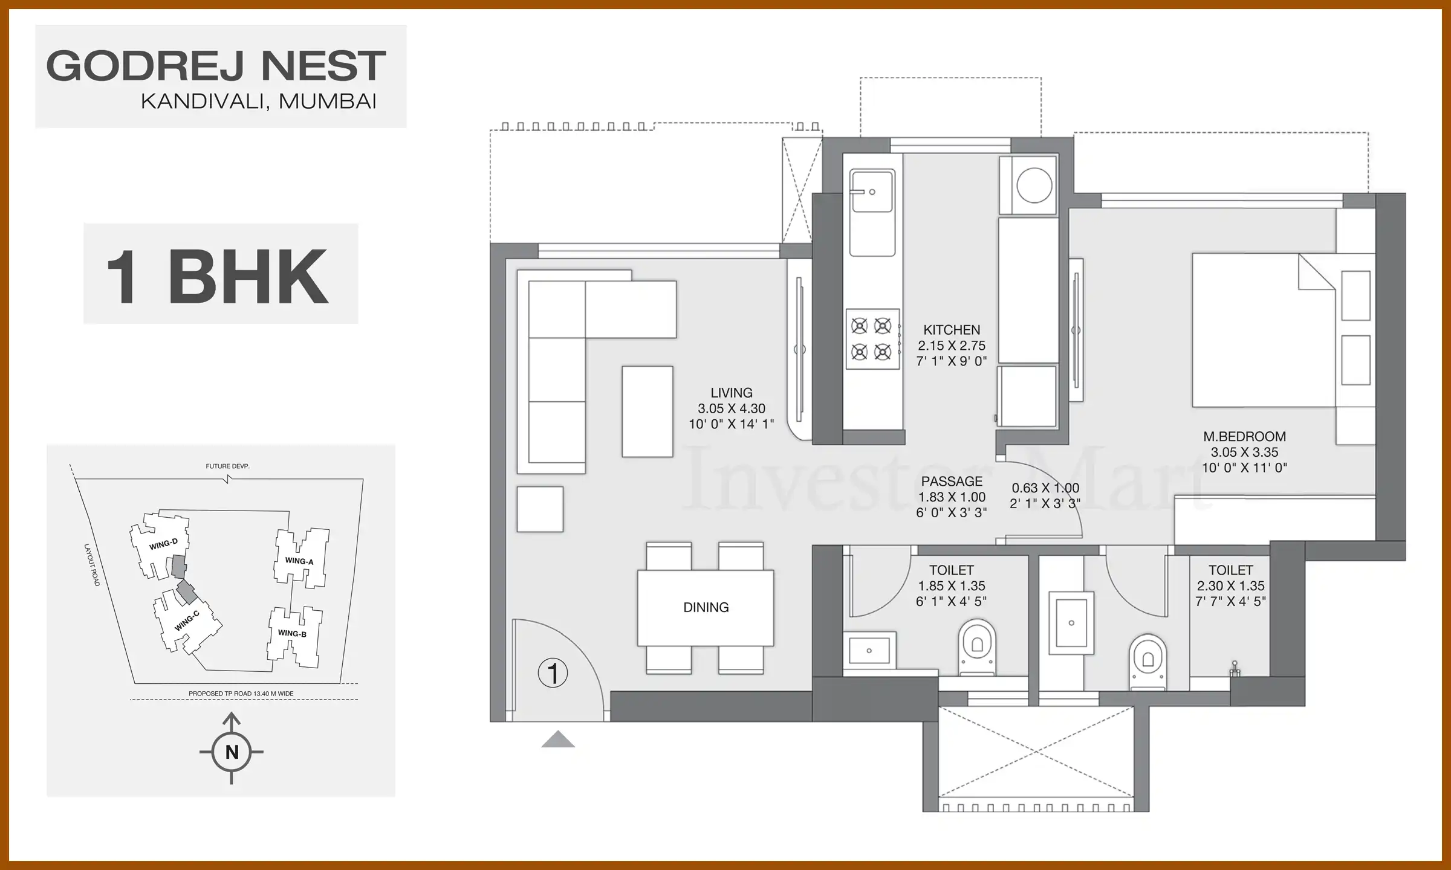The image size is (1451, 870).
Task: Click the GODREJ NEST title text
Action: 216,66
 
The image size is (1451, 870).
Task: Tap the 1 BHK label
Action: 218,277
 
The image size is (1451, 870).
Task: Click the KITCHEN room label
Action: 952,330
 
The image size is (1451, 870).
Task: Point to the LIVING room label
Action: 732,393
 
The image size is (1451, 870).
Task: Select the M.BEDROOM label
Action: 1244,436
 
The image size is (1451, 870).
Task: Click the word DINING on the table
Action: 706,607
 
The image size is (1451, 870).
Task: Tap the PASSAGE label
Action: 952,482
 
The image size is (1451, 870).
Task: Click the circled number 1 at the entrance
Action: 553,673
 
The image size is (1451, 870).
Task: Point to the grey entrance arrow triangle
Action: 557,739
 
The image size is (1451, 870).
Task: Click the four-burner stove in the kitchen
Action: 872,339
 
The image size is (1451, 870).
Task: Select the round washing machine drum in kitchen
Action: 1034,185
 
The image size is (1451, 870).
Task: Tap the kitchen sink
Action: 872,191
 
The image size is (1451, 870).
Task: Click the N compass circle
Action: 232,752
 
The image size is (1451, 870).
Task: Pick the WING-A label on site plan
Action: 299,561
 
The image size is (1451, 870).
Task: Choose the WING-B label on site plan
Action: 292,634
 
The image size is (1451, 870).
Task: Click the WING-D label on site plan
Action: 163,544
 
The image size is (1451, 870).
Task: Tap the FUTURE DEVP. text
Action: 227,466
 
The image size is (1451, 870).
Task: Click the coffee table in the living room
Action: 647,411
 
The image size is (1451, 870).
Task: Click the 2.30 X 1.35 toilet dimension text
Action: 1231,585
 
